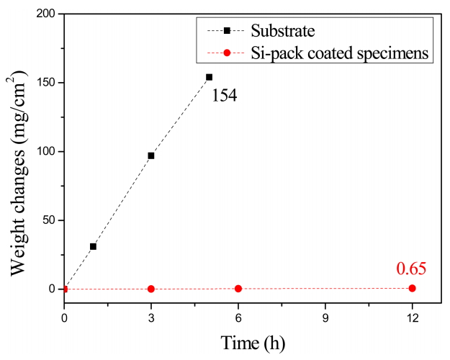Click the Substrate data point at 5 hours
209,77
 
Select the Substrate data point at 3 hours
151,156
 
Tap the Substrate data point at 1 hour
93,246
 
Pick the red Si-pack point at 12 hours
412,288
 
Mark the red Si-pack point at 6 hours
238,289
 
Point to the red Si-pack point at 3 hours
151,289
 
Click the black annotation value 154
225,95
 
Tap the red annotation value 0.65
411,269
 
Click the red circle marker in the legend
226,53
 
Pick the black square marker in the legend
226,30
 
